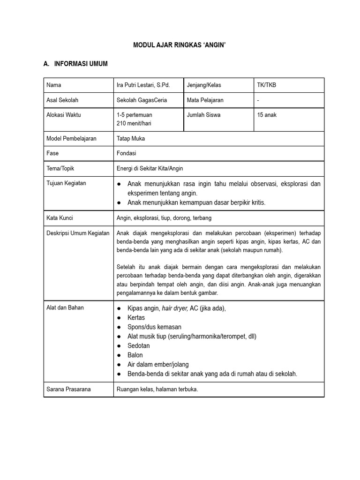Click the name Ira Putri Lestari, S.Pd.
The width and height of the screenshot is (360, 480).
coord(143,85)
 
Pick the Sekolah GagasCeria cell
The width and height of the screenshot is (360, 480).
coord(142,100)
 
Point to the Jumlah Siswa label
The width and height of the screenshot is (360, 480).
coord(203,115)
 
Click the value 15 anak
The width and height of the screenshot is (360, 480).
coord(267,115)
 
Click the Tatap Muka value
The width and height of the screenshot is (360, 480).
coord(131,139)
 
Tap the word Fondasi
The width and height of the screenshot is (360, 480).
coord(126,153)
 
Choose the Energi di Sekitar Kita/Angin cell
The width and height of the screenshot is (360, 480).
coord(153,168)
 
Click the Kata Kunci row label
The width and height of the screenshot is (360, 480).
coord(60,218)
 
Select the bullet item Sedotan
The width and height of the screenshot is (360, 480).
coord(138,345)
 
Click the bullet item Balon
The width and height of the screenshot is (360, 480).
coord(135,355)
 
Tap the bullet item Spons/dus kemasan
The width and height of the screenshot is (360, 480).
coord(154,327)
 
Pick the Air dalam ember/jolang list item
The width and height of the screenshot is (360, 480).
coord(158,364)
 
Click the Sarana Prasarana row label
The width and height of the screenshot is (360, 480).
coord(68,389)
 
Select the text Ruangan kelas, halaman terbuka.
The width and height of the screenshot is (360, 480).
coord(157,389)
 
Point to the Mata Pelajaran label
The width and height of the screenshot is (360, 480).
coord(205,100)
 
